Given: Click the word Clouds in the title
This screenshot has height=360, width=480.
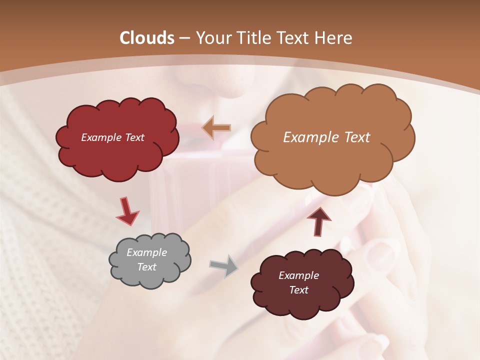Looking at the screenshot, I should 147,38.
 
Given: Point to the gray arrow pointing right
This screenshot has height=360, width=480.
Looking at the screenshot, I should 224,265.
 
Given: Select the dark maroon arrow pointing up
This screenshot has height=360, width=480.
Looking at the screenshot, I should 318,220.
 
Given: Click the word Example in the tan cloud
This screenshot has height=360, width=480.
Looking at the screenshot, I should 312,137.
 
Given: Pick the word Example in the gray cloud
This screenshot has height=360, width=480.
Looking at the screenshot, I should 146,252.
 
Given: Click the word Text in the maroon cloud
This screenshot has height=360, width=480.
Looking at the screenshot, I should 298,290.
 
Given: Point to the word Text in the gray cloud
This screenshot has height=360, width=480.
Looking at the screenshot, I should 146,267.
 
